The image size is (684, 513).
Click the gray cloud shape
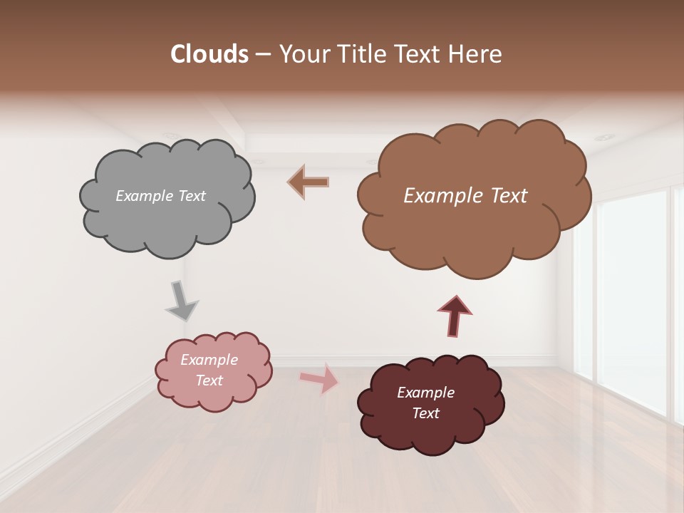click(x=167, y=221)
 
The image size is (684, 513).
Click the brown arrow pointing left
click(x=308, y=182)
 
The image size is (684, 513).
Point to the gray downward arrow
click(x=182, y=301)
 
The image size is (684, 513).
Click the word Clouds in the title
click(x=209, y=54)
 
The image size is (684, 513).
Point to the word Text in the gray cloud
click(x=192, y=196)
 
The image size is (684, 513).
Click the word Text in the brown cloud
click(x=509, y=196)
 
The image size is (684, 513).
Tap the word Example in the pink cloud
click(x=209, y=360)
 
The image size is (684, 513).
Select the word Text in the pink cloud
click(x=209, y=380)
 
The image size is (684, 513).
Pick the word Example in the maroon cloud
click(x=425, y=393)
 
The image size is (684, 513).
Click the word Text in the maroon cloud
click(x=425, y=413)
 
